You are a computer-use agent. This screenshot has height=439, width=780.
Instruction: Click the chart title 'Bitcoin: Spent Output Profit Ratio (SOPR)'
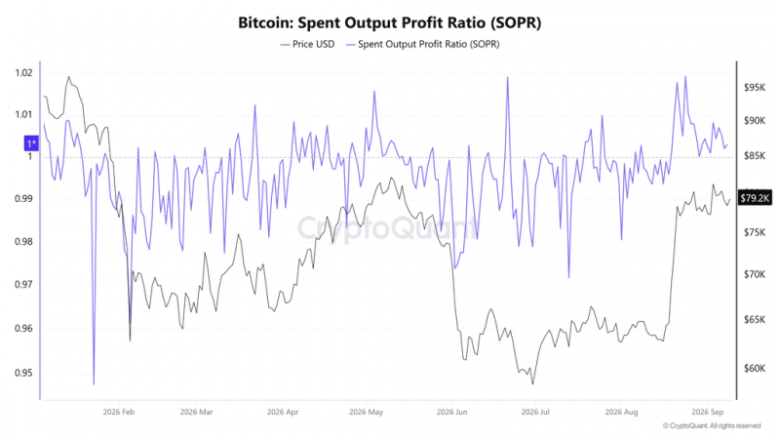(389, 22)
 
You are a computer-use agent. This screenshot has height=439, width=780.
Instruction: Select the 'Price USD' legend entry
(307, 44)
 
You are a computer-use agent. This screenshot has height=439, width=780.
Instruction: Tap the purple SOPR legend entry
(422, 44)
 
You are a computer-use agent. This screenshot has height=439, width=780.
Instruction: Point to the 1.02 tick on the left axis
(23, 73)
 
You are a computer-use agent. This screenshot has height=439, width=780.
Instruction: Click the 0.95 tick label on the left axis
(23, 373)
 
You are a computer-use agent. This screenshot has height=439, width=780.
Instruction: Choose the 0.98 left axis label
(23, 242)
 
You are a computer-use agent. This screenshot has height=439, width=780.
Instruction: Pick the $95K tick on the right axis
(755, 88)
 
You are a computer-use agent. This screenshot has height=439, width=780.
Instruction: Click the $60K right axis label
(755, 369)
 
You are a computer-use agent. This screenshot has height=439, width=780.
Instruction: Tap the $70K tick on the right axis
(755, 274)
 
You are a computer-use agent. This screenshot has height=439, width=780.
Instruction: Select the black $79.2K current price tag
(755, 199)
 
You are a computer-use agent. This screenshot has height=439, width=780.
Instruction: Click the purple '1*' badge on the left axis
(31, 143)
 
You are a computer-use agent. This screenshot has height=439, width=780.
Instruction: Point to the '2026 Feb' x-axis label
(119, 412)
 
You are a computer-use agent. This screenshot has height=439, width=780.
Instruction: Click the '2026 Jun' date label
(452, 412)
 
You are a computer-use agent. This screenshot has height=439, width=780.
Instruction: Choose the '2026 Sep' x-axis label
(708, 412)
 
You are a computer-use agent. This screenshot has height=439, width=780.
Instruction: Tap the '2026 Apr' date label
(283, 412)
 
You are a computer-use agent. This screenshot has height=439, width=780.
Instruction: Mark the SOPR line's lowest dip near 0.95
(94, 384)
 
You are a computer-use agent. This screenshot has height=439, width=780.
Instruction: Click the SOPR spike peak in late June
(507, 77)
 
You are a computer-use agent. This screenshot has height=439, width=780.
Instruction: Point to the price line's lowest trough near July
(532, 383)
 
